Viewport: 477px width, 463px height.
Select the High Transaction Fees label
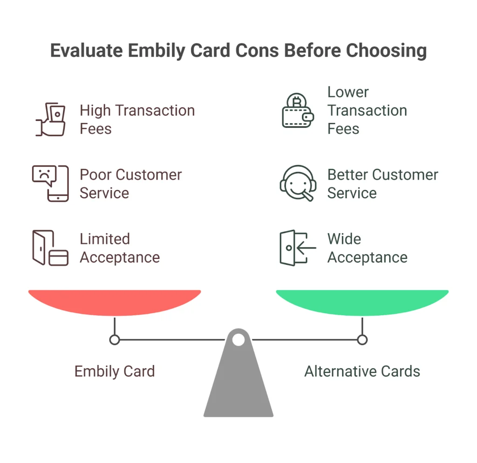pos(137,119)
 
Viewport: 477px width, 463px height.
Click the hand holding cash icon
pos(51,119)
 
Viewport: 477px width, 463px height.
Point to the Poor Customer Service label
pos(130,184)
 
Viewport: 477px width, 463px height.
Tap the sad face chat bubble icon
pos(50,183)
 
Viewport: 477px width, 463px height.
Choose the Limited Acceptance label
pos(119,248)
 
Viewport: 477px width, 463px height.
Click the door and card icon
pos(50,248)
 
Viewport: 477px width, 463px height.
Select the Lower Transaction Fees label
pos(367,111)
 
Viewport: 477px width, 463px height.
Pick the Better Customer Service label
pos(382,184)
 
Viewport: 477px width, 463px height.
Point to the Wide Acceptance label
pos(367,248)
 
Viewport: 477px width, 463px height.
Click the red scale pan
pos(115,301)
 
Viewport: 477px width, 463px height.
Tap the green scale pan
pos(362,301)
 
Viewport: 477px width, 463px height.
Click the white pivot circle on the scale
pos(238,340)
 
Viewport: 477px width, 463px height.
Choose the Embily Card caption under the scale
pos(115,372)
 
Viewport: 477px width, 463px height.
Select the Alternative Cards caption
pos(362,372)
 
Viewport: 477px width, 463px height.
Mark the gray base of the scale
pos(238,387)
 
